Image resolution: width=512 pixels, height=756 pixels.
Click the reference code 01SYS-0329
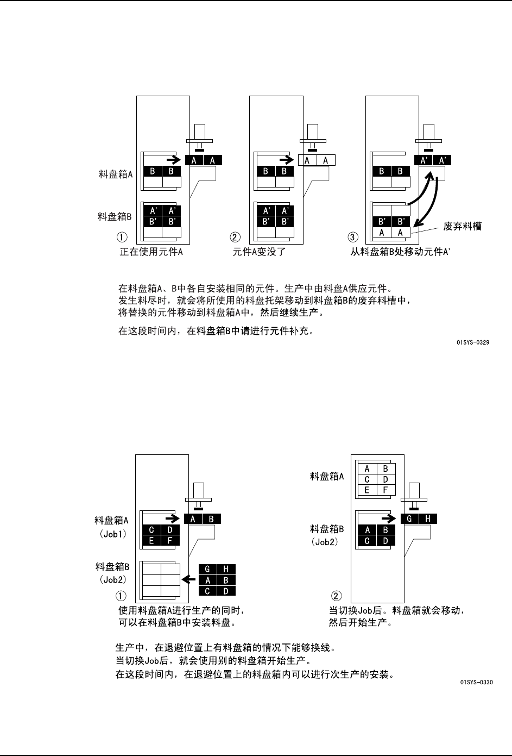coord(474,343)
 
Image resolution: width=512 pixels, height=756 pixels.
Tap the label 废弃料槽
coord(462,226)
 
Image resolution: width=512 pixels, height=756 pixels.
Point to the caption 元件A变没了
coord(259,252)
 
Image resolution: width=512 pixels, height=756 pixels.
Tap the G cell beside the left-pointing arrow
coord(207,570)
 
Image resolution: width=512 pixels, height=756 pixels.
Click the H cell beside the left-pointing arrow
coord(226,570)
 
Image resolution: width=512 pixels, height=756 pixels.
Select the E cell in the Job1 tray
coord(151,540)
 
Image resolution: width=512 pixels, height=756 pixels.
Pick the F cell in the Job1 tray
coord(170,540)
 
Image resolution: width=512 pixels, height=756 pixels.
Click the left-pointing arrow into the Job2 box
coord(188,579)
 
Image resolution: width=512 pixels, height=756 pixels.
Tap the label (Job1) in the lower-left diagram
coord(113,534)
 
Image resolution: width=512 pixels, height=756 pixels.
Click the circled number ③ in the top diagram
coord(353,237)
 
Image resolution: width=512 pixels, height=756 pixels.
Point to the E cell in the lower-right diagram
coord(368,490)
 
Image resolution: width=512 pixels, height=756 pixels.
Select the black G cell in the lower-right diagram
coord(410,519)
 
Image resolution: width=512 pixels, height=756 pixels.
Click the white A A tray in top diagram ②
coord(317,160)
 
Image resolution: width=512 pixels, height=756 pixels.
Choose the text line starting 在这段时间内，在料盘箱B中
coord(216,330)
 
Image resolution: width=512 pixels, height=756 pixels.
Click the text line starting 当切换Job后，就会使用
coord(213,661)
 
